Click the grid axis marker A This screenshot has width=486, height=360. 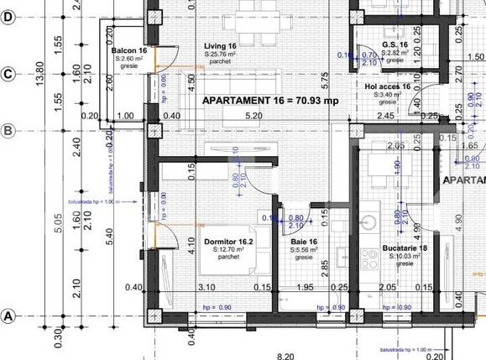pyautogui.click(x=8, y=316)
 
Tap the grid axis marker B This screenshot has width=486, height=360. pyautogui.click(x=8, y=130)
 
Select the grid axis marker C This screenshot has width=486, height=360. pyautogui.click(x=8, y=73)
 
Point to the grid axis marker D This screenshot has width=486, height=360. pyautogui.click(x=8, y=16)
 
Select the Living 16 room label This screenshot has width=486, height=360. pyautogui.click(x=220, y=46)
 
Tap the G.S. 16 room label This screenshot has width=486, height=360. pyautogui.click(x=395, y=44)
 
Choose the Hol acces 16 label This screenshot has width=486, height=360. pyautogui.click(x=387, y=86)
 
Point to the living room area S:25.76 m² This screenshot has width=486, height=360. pyautogui.click(x=220, y=54)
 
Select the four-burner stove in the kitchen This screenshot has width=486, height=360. pyautogui.click(x=369, y=258)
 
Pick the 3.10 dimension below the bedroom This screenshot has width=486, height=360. pyautogui.click(x=206, y=288)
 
